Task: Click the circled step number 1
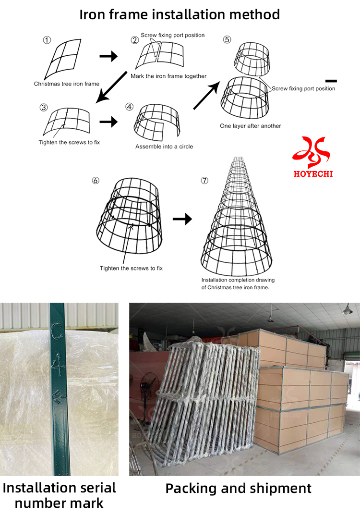coord(47,40)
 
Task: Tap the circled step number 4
coord(129,107)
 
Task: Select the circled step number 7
coord(205,181)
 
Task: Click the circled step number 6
coord(96,181)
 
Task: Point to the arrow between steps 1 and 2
coord(108,57)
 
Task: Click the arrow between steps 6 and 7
coord(182,219)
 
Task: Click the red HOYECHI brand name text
coord(313,173)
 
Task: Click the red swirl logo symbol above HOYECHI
coord(312,151)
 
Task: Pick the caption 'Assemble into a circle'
coord(164,147)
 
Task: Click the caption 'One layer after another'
coord(251,126)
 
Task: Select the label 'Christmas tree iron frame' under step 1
coord(67,84)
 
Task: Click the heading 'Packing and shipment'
coord(239,488)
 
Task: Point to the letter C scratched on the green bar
coord(57,332)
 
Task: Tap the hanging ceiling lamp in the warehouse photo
coord(347,310)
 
